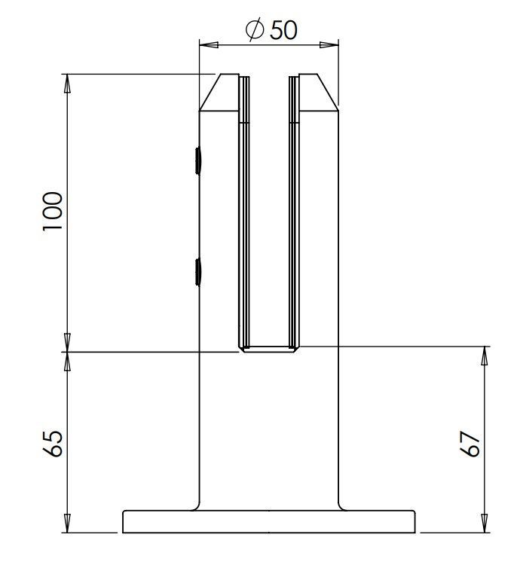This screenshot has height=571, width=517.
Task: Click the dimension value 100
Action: tap(54, 212)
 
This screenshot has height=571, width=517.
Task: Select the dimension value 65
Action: tap(54, 444)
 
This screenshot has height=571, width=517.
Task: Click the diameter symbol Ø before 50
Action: tap(254, 29)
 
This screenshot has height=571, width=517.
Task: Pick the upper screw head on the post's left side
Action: tap(197, 160)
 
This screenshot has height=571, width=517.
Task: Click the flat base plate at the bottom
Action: tap(269, 521)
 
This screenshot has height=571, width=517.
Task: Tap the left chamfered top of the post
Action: tap(219, 93)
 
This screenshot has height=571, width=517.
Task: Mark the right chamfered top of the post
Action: tap(318, 93)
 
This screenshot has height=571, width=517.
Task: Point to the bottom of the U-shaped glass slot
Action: tap(269, 349)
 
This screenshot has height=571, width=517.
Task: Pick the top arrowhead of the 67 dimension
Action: tap(483, 355)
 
